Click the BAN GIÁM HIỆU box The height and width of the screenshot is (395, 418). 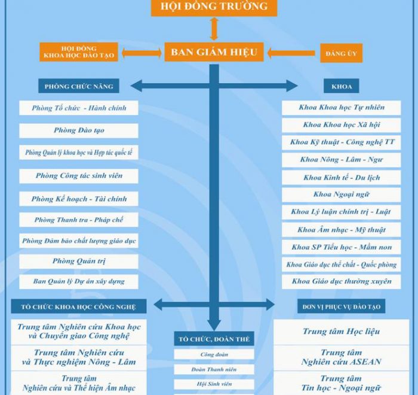(x=214, y=52)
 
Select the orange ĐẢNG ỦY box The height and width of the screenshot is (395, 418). (x=341, y=53)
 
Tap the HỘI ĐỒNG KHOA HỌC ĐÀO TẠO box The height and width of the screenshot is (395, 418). (x=79, y=52)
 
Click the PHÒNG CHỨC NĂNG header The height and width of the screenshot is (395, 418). (x=79, y=86)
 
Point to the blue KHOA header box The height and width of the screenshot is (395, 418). (x=341, y=86)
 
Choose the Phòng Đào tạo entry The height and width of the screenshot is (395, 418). (x=79, y=130)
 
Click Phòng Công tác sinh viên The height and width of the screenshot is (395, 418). (x=79, y=176)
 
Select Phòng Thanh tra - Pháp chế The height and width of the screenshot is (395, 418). (x=79, y=220)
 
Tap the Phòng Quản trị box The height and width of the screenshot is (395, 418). (x=79, y=262)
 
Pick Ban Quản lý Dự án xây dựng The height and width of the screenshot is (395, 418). (x=79, y=282)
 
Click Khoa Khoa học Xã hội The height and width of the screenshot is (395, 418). (x=341, y=125)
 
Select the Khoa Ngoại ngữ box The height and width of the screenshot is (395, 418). (x=341, y=195)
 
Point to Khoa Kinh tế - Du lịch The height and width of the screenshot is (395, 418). (x=341, y=178)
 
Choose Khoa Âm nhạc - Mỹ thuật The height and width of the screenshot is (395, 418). (x=341, y=230)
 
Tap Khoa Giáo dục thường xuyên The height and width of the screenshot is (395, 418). (x=341, y=282)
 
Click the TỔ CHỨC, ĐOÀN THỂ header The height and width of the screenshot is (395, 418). (x=214, y=339)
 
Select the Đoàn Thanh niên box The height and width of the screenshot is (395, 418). (x=214, y=370)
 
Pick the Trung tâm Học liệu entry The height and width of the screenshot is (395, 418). (x=341, y=332)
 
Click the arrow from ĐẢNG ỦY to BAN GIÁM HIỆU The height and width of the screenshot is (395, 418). (x=291, y=53)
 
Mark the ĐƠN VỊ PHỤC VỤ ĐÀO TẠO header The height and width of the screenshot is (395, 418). (x=341, y=306)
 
